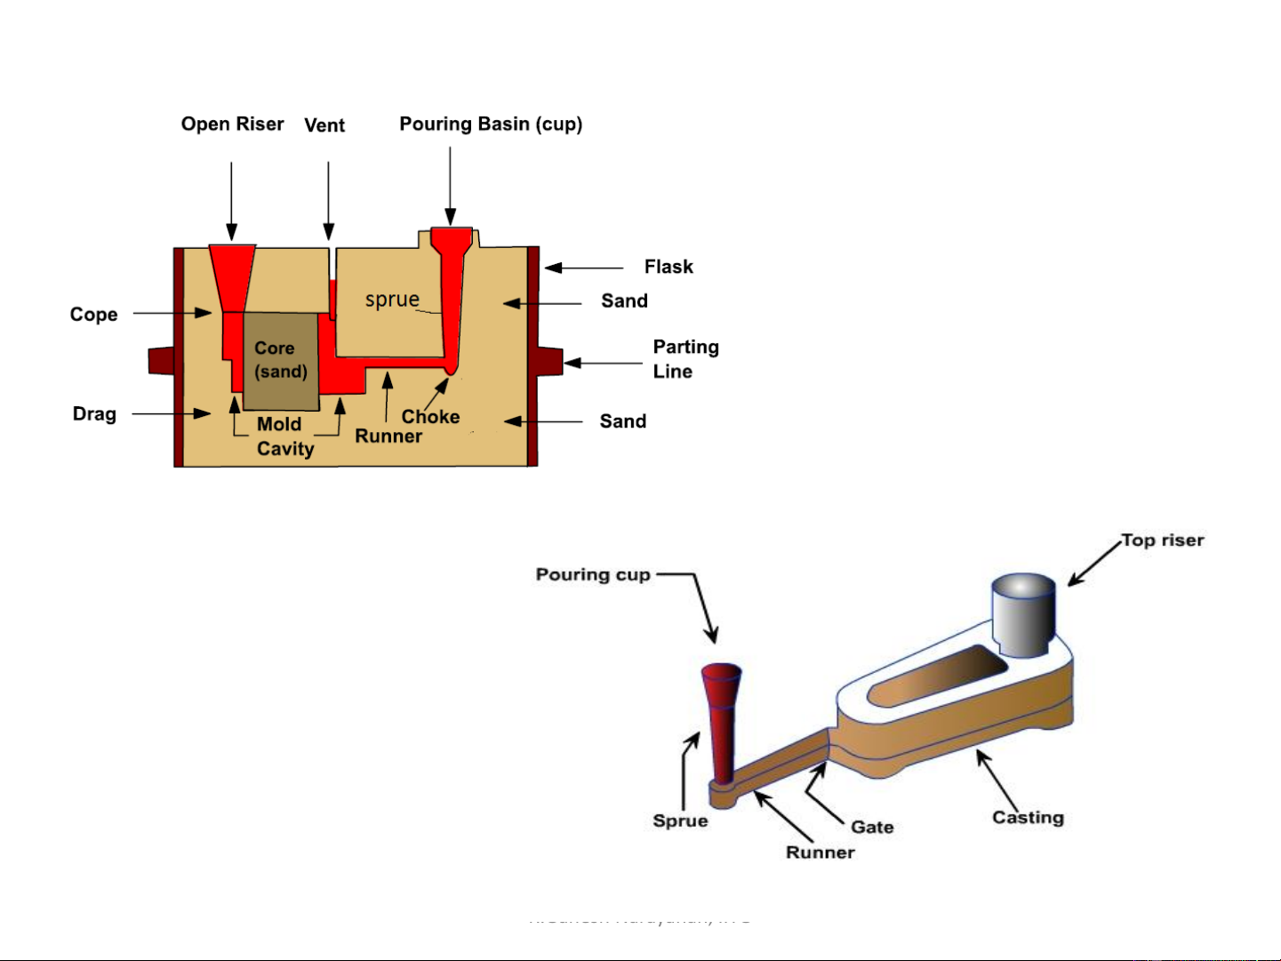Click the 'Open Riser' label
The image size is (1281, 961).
[x=232, y=124]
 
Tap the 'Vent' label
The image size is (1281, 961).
[x=324, y=125]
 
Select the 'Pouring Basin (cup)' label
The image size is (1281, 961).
[x=491, y=124]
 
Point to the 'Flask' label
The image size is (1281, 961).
[x=669, y=267]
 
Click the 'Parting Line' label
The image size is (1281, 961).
[x=685, y=359]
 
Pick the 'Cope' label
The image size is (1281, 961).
[x=93, y=315]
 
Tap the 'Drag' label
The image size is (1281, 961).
[x=94, y=414]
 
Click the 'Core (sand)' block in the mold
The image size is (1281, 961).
[x=281, y=360]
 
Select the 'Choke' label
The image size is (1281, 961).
[x=430, y=417]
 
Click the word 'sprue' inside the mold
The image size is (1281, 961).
[x=392, y=300]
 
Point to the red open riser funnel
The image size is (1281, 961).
[x=233, y=276]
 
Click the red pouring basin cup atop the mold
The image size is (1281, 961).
[x=452, y=240]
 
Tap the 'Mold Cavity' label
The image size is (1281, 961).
[x=284, y=436]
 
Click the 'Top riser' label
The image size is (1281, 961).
[x=1162, y=541]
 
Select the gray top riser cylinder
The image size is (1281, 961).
[x=1023, y=613]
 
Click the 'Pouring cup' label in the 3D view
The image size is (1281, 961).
[x=593, y=575]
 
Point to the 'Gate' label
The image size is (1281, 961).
[x=872, y=828]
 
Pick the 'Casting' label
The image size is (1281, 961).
[x=1028, y=818]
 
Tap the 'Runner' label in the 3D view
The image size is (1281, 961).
[x=820, y=853]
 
